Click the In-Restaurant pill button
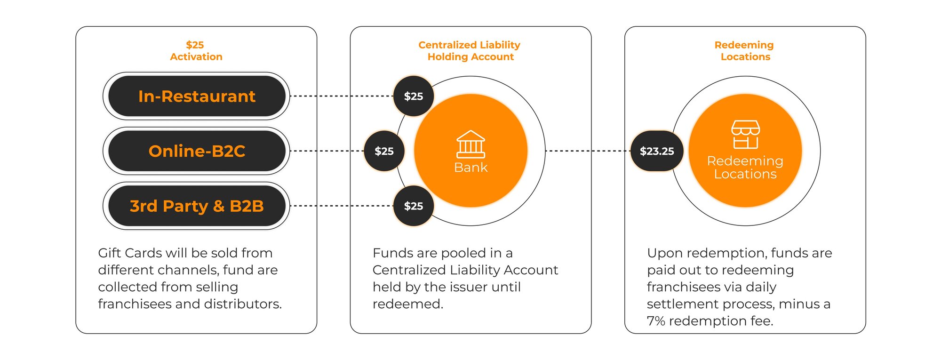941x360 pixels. [197, 96]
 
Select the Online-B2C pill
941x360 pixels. [197, 151]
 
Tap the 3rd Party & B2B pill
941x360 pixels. [197, 206]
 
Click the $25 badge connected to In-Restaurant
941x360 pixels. [414, 96]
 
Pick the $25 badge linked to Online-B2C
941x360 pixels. [384, 151]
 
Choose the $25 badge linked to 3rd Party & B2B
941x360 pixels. [414, 206]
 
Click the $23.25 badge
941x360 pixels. [657, 151]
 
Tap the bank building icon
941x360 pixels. [470, 144]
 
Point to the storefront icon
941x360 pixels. [745, 135]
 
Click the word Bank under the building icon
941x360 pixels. [470, 168]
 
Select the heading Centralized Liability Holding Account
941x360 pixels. [470, 51]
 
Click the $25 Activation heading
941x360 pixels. [196, 51]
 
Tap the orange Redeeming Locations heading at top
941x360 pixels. [744, 51]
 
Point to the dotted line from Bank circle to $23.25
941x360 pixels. [588, 151]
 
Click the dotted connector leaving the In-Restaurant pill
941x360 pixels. [342, 96]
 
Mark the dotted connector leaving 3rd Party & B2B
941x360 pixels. [342, 206]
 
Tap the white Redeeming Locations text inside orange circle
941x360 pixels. [745, 168]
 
